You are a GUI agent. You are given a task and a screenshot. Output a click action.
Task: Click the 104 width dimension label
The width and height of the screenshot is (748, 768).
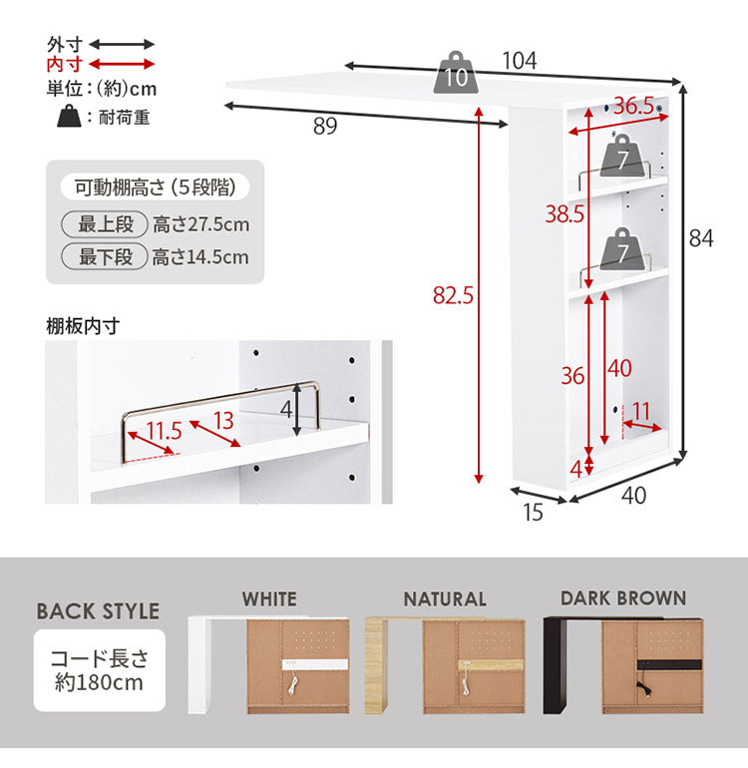520,61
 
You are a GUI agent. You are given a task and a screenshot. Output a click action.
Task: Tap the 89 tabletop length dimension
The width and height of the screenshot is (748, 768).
325,126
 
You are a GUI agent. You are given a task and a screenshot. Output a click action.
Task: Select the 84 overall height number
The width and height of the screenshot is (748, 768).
701,238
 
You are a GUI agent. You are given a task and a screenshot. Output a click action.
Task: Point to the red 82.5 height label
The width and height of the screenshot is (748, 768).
453,295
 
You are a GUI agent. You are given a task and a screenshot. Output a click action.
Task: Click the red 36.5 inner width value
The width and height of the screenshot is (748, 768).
634,106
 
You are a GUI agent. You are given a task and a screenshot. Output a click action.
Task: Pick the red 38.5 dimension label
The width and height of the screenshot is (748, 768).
564,214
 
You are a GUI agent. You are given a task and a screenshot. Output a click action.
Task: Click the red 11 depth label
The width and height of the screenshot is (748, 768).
641,411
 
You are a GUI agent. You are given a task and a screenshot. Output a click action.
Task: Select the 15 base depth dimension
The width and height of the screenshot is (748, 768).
533,513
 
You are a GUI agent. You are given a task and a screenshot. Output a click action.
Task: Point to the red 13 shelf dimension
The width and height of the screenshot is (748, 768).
223,421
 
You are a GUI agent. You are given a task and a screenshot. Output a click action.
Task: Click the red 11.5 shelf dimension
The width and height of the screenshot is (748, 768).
165,431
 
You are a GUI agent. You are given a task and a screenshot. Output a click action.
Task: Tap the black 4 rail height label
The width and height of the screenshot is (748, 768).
286,409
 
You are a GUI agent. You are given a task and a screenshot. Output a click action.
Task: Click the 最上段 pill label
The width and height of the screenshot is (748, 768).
105,224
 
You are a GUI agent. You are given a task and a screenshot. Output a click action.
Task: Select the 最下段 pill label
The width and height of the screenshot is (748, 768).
105,256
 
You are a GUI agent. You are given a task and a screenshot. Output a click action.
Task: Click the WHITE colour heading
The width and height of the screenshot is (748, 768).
269,599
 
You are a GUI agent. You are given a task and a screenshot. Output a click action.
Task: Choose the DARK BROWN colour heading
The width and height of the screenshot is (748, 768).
623,598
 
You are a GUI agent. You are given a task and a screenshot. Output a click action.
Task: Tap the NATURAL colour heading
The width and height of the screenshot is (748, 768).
445,599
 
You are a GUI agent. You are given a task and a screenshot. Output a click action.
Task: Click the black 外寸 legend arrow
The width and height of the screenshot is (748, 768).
122,45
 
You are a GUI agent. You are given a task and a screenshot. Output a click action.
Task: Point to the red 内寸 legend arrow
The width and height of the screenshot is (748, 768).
122,64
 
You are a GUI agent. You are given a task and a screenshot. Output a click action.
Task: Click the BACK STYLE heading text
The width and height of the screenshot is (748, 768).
98,611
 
